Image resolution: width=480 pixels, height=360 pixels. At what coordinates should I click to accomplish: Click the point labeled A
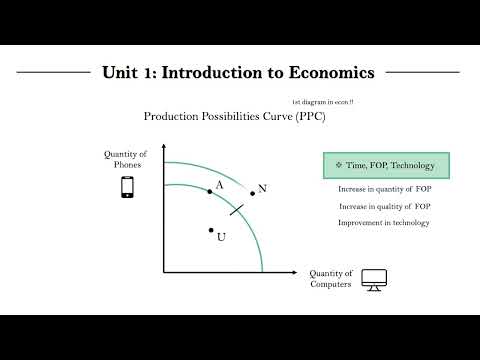210,190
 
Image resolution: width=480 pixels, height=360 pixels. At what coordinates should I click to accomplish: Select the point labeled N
253,193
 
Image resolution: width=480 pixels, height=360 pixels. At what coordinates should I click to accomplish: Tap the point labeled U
211,230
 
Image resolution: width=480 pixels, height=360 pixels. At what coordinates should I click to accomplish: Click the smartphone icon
127,187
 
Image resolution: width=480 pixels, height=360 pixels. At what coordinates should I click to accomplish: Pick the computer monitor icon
374,279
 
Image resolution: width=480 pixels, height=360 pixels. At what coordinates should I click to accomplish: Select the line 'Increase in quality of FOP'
385,206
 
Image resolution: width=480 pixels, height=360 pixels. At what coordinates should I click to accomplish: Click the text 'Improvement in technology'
384,222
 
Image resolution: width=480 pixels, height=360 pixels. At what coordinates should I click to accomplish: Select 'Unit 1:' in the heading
127,73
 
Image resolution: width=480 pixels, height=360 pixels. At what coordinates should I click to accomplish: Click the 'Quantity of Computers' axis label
331,279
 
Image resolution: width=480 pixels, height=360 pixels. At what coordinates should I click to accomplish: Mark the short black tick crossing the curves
237,208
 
